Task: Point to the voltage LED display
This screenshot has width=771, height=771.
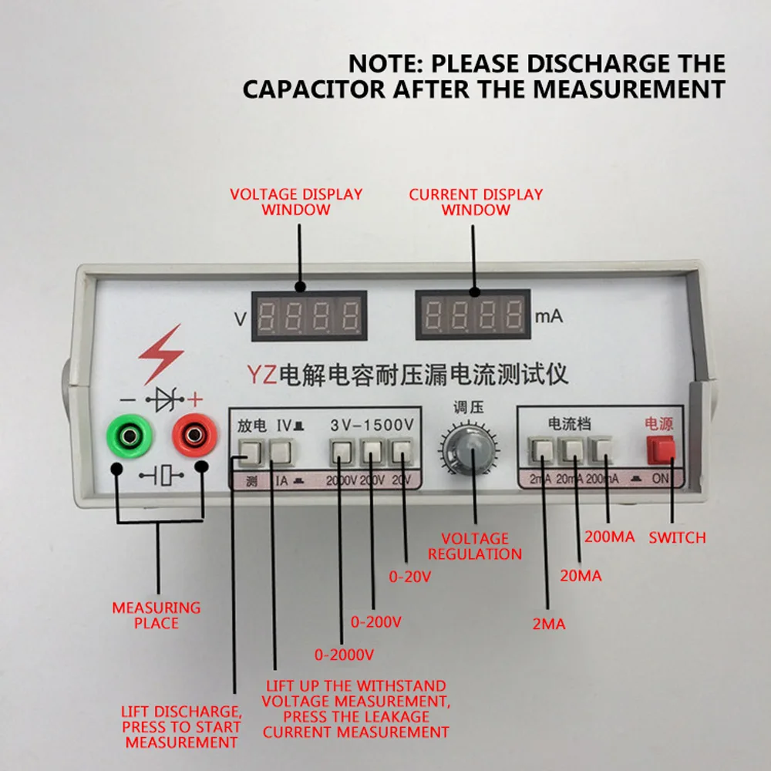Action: (x=308, y=315)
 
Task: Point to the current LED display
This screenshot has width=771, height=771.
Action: (x=473, y=315)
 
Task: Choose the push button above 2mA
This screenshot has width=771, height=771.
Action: (x=541, y=449)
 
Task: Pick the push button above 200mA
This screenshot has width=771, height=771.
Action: (x=603, y=449)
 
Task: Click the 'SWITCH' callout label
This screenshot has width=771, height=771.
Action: (x=677, y=538)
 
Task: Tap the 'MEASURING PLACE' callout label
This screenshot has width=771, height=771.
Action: (x=156, y=615)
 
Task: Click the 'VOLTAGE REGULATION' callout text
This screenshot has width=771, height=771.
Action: (x=475, y=547)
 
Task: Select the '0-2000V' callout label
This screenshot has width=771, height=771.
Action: (x=345, y=655)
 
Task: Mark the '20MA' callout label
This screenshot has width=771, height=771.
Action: (x=581, y=576)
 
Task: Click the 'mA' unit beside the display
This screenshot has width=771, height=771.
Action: (x=549, y=316)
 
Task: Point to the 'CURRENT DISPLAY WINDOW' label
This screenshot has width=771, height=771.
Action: (x=476, y=202)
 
